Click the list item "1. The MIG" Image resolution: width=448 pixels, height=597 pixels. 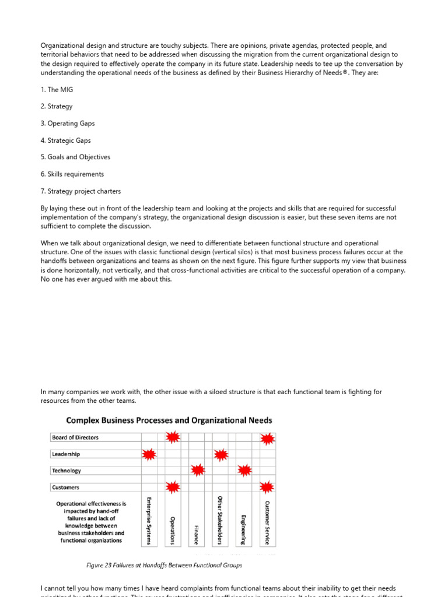[x=57, y=90]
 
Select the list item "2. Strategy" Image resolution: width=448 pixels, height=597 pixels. [x=57, y=107]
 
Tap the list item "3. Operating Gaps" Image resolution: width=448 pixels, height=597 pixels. [x=67, y=124]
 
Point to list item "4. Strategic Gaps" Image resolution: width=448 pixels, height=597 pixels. [x=65, y=141]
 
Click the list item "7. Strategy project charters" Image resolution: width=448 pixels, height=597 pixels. [x=80, y=191]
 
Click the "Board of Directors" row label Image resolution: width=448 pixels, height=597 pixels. [x=75, y=437]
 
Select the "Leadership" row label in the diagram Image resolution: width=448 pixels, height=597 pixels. [x=66, y=454]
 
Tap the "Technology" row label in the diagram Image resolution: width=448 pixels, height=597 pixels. [x=66, y=470]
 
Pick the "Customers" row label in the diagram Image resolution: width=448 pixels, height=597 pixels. [x=65, y=487]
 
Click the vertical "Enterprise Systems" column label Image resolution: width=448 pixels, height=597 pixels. [x=149, y=521]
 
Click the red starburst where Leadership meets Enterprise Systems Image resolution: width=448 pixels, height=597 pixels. [x=149, y=454]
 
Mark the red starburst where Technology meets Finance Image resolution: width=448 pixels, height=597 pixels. [x=198, y=470]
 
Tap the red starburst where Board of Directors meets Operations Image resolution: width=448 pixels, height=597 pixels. [x=173, y=437]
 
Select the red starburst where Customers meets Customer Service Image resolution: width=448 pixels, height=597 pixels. [x=267, y=487]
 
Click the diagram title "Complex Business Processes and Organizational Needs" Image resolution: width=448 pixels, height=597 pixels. [x=169, y=420]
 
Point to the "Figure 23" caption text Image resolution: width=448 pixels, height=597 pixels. [x=164, y=565]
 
